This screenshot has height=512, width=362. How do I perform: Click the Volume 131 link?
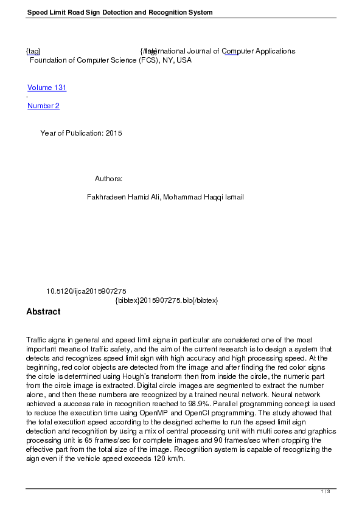point(47,88)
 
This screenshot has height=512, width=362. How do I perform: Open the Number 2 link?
point(43,106)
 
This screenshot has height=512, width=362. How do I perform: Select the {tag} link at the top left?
point(33,51)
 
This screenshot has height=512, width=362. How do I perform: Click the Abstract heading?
point(43,312)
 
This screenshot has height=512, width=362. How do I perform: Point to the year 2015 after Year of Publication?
point(114,133)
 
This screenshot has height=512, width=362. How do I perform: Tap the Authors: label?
point(109,179)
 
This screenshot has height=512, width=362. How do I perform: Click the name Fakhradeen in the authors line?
point(107,197)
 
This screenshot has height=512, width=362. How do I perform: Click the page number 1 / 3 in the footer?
point(325,491)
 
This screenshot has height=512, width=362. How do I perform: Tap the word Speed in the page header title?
point(37,13)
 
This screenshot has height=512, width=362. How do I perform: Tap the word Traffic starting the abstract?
point(36,339)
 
